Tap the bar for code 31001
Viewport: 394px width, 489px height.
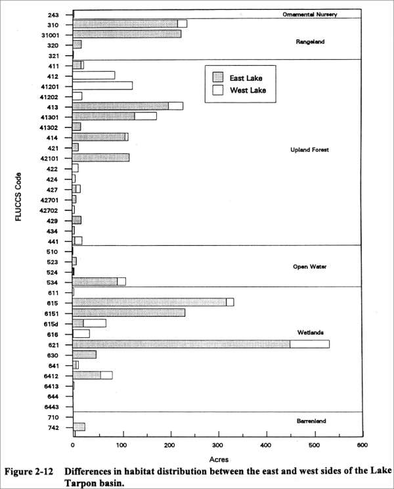(x=127, y=34)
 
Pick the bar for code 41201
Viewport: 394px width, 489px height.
(x=102, y=85)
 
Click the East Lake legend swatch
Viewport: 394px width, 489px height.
(x=219, y=76)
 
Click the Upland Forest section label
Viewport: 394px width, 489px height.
(x=309, y=150)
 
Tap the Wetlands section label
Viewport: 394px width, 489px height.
(x=310, y=332)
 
